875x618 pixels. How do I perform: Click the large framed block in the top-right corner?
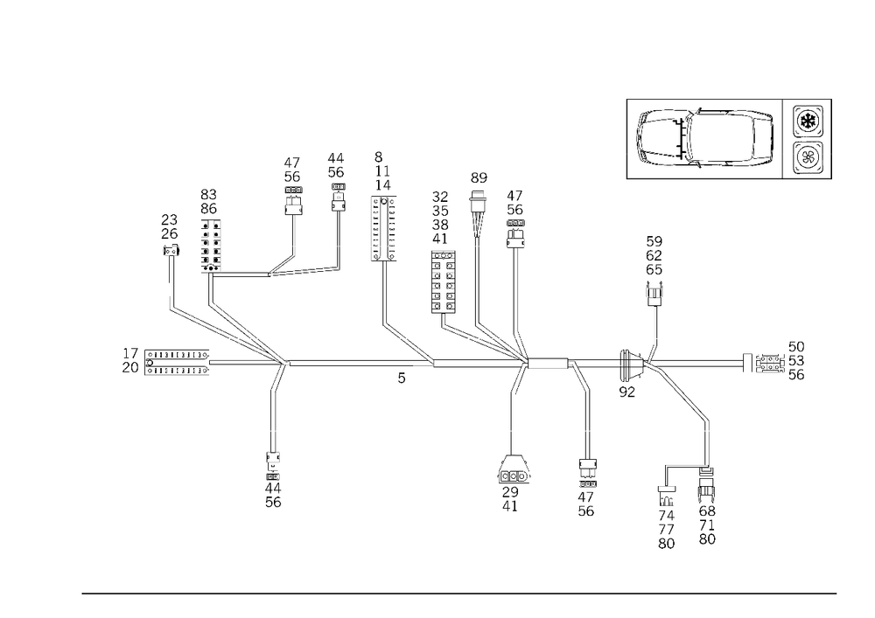click(704, 139)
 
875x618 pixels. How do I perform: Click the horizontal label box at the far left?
click(164, 361)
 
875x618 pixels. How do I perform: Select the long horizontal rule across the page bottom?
click(459, 593)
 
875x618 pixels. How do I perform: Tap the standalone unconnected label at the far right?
click(779, 362)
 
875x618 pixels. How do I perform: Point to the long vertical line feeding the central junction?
click(518, 288)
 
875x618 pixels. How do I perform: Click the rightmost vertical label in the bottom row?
click(707, 512)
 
